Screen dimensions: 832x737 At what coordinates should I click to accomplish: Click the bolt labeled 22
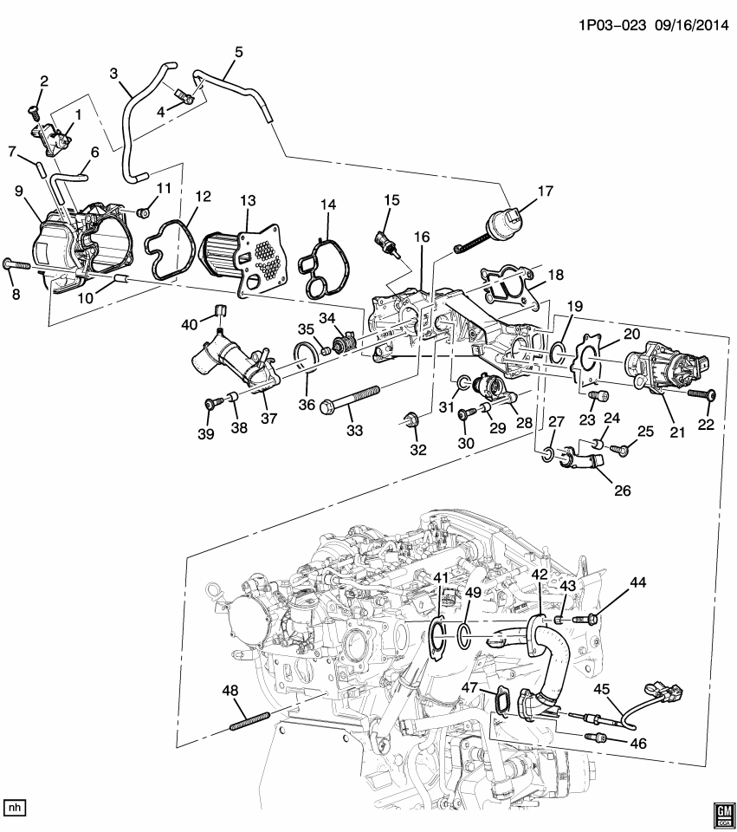(x=699, y=394)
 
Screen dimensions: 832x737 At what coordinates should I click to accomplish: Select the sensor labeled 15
(x=387, y=241)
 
